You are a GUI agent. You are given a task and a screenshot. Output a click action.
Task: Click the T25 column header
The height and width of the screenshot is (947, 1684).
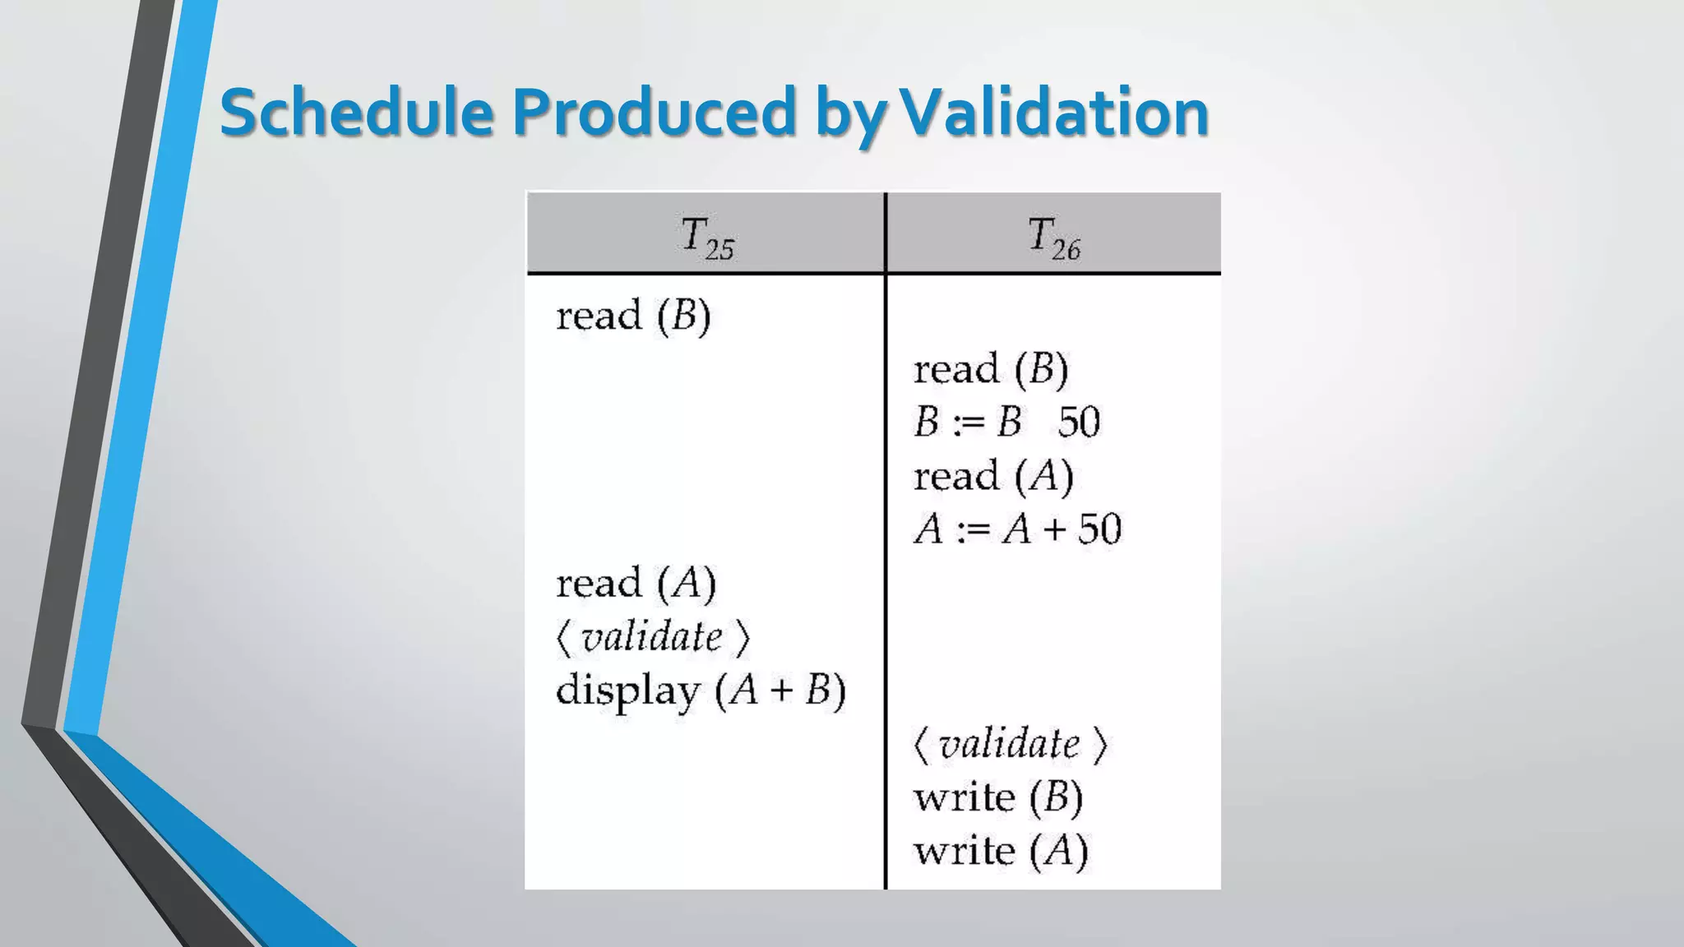pos(706,237)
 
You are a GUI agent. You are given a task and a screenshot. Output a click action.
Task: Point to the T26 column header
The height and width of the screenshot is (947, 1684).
pos(1053,237)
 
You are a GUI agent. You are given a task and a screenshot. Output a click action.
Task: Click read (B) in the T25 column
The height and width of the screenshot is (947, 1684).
pos(633,316)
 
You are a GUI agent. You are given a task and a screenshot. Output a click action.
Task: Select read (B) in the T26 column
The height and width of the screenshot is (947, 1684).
pos(991,369)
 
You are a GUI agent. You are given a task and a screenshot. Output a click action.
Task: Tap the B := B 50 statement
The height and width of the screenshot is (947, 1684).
pos(1006,422)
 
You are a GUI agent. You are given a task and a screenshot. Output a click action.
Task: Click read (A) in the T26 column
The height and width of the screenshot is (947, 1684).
pos(993,476)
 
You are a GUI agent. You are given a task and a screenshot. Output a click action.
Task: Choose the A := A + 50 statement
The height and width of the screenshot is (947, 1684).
pos(1017,529)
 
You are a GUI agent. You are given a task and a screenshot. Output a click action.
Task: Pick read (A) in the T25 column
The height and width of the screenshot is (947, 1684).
pos(636,583)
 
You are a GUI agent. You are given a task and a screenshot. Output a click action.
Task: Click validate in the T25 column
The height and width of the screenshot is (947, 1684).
pos(652,636)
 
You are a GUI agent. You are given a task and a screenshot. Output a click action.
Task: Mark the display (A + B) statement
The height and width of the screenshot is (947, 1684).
pos(701,691)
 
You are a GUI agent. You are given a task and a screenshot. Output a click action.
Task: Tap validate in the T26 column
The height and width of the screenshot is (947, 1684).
pos(1010,744)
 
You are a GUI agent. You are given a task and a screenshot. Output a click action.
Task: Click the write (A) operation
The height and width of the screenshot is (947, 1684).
pos(1001,851)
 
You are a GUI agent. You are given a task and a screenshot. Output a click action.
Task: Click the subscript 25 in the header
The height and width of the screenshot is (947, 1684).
pos(719,248)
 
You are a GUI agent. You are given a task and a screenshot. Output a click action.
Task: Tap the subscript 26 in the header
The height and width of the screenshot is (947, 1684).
pos(1066,248)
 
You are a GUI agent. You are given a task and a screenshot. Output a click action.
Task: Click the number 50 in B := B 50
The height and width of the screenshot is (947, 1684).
pos(1079,422)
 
